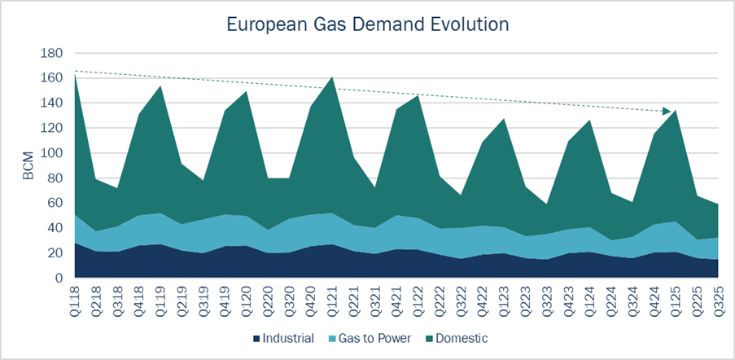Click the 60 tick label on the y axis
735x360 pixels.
point(54,204)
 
